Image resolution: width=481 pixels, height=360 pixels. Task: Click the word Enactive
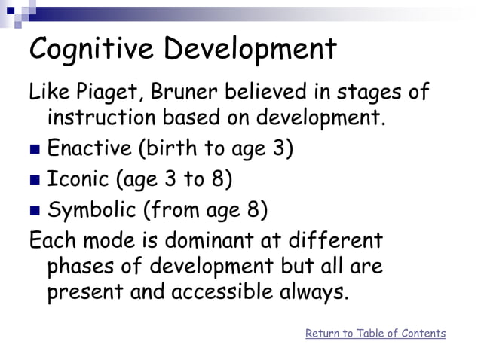click(x=89, y=147)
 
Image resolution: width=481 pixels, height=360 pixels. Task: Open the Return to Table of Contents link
click(x=375, y=333)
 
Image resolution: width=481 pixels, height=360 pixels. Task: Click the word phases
click(x=83, y=267)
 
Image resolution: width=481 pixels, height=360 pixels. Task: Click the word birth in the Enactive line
click(x=167, y=147)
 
